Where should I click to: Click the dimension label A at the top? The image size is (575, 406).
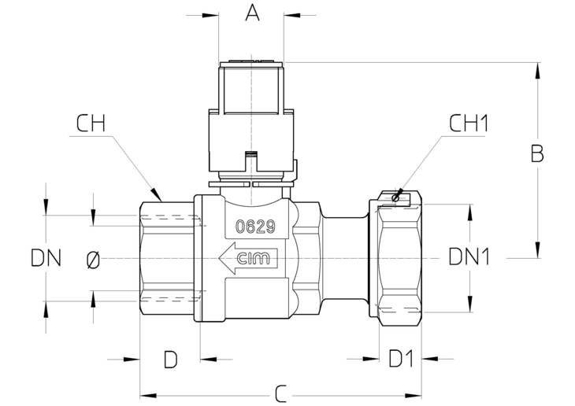(x=252, y=13)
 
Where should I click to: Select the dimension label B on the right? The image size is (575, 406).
(x=537, y=153)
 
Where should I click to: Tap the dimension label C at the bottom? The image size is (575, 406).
(x=280, y=394)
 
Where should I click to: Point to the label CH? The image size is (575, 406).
(x=91, y=124)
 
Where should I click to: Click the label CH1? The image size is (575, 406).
(x=469, y=123)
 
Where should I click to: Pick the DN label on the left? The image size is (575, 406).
(x=46, y=258)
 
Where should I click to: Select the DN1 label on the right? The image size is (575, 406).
(x=469, y=257)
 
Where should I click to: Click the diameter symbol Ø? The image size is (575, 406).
(x=93, y=260)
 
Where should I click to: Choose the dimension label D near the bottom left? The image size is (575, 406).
(x=170, y=359)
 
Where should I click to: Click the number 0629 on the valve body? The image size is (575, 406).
(x=255, y=227)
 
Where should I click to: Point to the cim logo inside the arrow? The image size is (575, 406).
(x=253, y=258)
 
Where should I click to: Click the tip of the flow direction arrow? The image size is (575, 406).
(x=219, y=258)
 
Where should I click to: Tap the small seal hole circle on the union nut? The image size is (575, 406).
(x=395, y=198)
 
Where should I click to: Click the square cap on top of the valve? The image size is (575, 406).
(x=251, y=87)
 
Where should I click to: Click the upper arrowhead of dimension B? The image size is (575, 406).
(x=538, y=70)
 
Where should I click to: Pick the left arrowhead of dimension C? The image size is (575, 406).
(x=148, y=395)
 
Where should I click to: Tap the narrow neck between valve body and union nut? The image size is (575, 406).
(x=345, y=258)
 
